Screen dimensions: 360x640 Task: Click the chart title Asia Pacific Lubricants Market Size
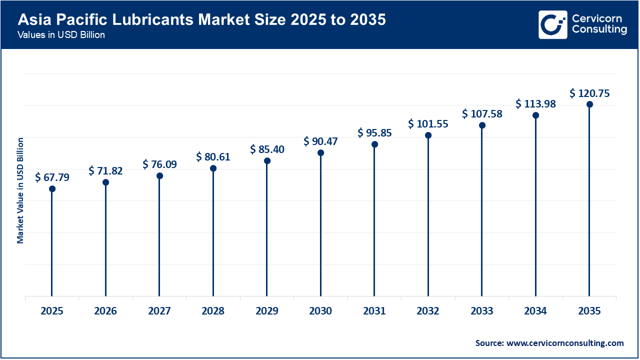(201, 20)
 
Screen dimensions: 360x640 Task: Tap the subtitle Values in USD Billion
(61, 35)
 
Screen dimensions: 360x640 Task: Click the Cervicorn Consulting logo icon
(552, 24)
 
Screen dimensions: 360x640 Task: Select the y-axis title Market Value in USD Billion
(20, 190)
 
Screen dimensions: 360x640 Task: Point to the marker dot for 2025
(52, 188)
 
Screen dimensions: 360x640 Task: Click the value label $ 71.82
(105, 170)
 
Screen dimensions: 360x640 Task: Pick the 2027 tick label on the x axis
(159, 311)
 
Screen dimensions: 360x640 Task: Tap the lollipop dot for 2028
(213, 168)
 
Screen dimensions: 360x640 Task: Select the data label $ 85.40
(267, 149)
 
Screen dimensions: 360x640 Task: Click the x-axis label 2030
(320, 311)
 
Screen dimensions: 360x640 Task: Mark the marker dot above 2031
(374, 144)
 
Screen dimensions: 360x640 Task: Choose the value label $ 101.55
(428, 123)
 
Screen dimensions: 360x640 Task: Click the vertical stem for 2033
(482, 215)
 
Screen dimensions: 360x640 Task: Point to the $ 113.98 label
(535, 103)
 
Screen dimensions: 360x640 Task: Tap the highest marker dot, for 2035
(589, 104)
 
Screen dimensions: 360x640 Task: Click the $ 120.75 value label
(589, 93)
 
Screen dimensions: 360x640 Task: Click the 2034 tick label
(535, 311)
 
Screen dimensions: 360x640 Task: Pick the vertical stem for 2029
(267, 230)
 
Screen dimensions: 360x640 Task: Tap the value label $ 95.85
(374, 133)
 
